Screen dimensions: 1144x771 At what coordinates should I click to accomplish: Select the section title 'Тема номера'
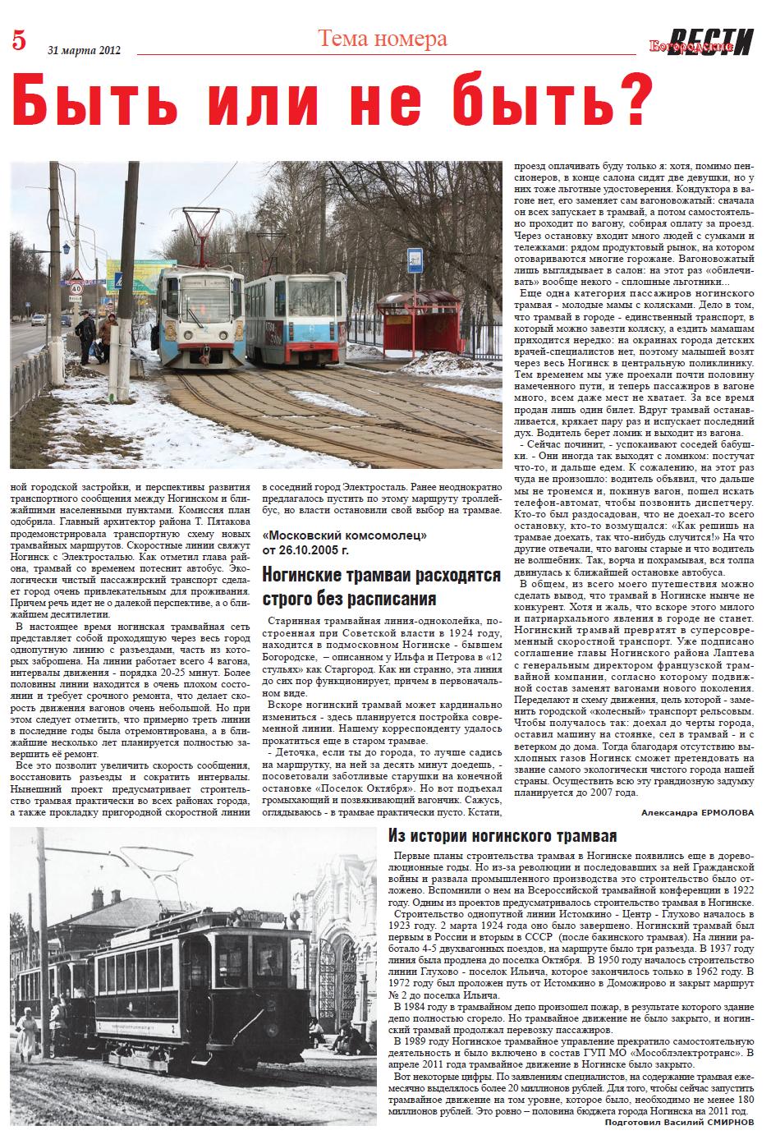click(382, 39)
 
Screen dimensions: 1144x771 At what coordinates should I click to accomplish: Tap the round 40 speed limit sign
click(76, 288)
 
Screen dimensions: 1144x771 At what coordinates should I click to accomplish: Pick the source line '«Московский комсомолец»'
click(343, 535)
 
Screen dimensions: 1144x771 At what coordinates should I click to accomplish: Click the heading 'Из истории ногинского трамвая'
click(502, 837)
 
